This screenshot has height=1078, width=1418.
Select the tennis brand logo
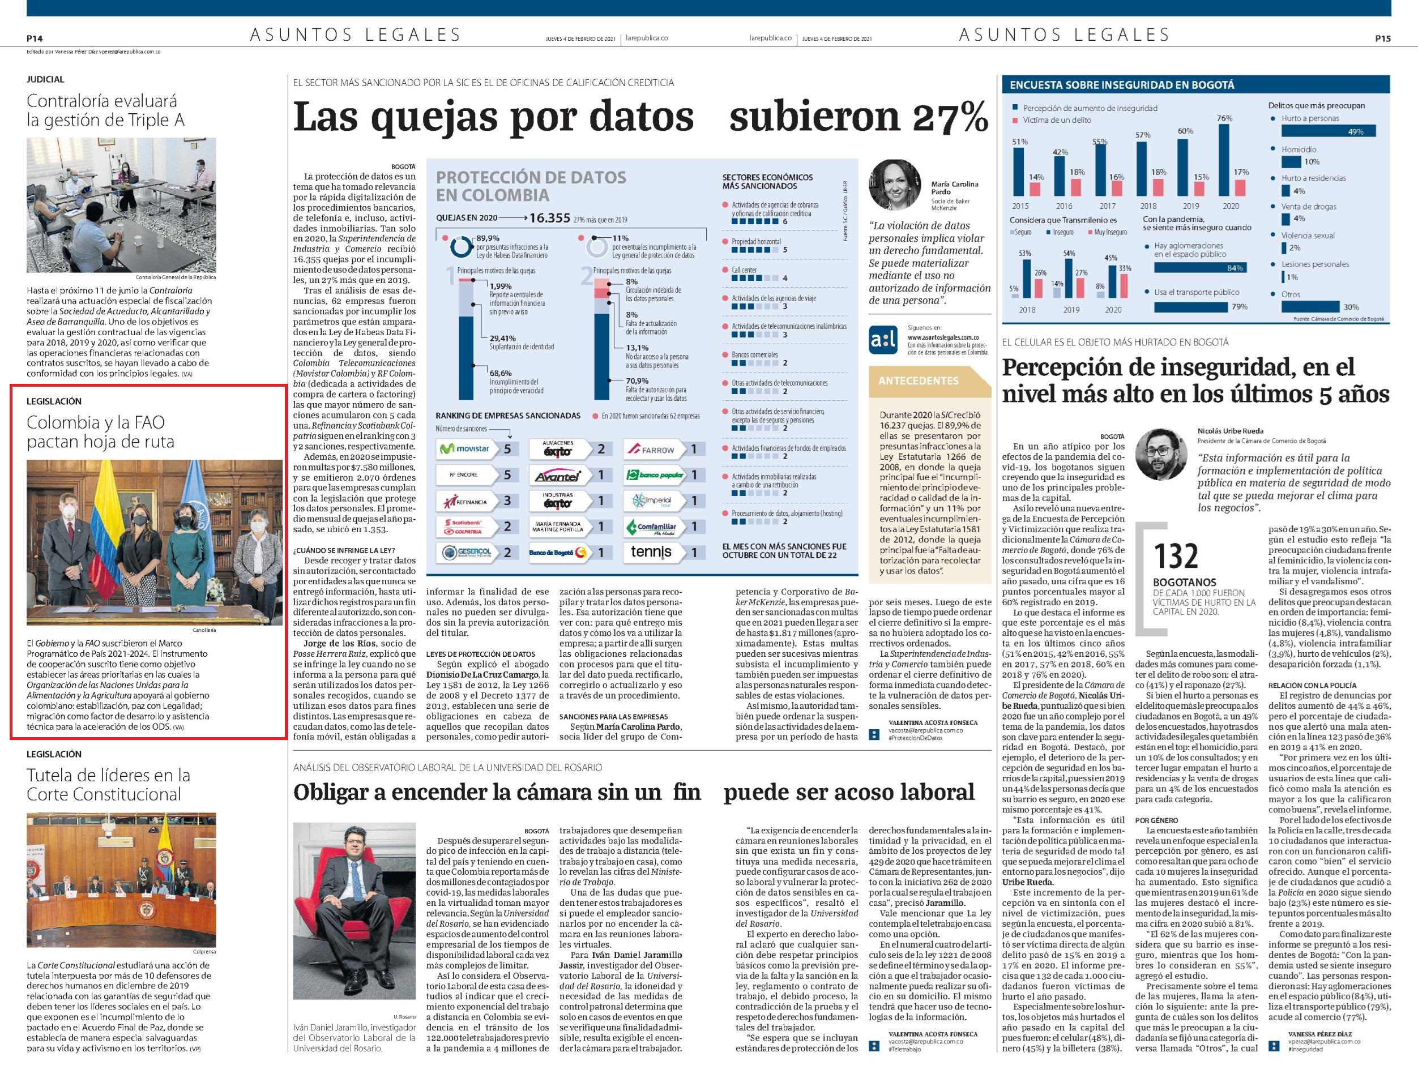tap(651, 552)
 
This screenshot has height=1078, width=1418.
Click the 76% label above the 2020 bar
tap(1224, 118)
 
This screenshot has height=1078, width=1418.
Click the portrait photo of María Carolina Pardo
tap(894, 184)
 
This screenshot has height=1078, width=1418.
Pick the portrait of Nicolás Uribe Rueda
tap(1161, 454)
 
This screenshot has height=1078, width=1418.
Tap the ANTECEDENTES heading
tap(917, 380)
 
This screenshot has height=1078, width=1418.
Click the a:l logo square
tap(883, 341)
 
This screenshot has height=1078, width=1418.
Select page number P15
tap(1383, 38)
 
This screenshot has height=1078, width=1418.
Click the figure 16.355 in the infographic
tap(550, 218)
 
